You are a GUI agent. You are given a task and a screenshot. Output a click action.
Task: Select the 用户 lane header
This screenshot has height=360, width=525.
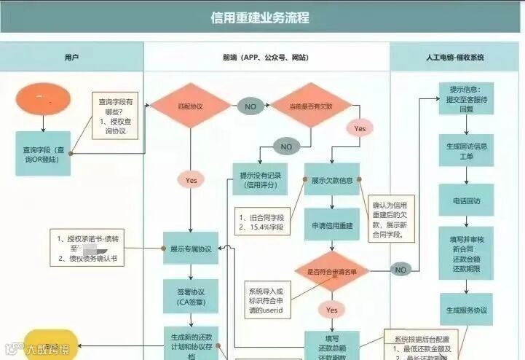point(71,57)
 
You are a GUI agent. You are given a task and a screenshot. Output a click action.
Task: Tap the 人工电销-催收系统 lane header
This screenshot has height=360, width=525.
point(455,57)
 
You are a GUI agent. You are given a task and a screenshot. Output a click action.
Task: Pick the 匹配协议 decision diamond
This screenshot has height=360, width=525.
point(190,106)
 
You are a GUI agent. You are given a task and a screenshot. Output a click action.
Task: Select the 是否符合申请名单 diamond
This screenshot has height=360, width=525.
point(331,271)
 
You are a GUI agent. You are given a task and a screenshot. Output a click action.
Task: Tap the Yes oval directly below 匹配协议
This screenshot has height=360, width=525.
point(191,179)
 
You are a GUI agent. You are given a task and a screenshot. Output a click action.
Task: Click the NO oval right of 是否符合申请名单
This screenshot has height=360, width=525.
point(400,270)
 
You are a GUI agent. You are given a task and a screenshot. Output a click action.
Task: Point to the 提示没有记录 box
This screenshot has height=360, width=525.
point(258,180)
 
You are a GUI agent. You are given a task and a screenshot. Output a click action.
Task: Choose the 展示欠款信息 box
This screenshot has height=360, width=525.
point(331,179)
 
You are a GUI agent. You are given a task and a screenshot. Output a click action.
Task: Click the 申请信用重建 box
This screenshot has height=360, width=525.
point(331,226)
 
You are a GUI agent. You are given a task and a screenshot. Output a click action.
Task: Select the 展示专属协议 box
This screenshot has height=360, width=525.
point(190,249)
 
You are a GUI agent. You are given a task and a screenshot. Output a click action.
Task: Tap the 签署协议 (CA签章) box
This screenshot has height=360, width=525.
point(190,295)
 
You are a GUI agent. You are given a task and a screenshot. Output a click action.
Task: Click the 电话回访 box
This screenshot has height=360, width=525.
point(467,200)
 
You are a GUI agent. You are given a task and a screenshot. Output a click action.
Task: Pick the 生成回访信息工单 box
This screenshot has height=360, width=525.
point(467,151)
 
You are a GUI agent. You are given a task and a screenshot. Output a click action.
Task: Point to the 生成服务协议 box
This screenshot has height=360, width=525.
point(467,310)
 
